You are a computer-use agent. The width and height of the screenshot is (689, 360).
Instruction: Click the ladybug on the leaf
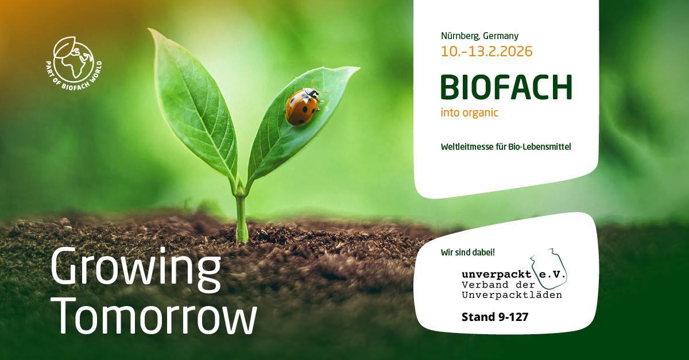coord(304,106)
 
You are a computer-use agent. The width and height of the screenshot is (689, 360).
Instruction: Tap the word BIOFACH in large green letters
coord(506,88)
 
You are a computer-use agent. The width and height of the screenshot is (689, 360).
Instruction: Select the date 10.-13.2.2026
coord(487,51)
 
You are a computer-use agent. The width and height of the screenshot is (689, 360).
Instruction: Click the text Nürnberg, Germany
coord(479,36)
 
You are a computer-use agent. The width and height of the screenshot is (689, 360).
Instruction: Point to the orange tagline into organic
coord(470,113)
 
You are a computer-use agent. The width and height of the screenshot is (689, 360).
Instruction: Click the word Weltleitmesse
coord(467,146)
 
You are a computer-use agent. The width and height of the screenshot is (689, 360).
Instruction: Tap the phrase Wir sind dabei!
coord(468,252)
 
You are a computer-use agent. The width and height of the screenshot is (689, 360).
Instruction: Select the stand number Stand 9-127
coord(495,317)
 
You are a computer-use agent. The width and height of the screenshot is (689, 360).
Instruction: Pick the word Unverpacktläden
coord(512,295)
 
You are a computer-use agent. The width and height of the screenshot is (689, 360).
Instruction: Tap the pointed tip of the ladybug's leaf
coord(359,68)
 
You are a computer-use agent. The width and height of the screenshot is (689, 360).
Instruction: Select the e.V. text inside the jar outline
coord(552,274)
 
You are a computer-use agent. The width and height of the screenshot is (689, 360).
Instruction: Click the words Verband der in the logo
coord(498,285)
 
